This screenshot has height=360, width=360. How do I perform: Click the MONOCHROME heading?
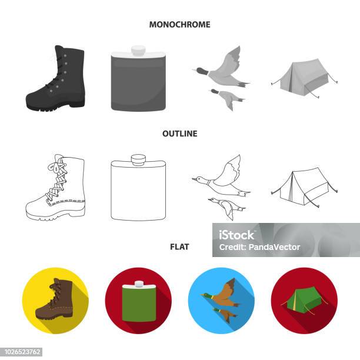point(180,25)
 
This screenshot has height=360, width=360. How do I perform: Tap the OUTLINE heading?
point(180,134)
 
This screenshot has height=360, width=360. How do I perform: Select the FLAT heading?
point(179,247)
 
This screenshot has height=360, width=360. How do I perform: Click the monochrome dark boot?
point(55,78)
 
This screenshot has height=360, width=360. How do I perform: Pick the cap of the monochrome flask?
point(138,50)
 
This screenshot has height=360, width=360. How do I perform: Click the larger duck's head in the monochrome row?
point(201,71)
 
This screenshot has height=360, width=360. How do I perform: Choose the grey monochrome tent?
point(304,78)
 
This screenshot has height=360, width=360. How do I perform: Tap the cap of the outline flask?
point(138,159)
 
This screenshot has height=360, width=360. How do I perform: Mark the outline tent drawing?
point(304,187)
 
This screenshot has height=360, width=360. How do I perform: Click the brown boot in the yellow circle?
point(55,299)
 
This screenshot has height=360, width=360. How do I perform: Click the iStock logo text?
point(236,235)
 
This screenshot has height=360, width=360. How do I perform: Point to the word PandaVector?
point(274,247)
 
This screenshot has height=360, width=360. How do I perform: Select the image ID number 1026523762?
point(22,352)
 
